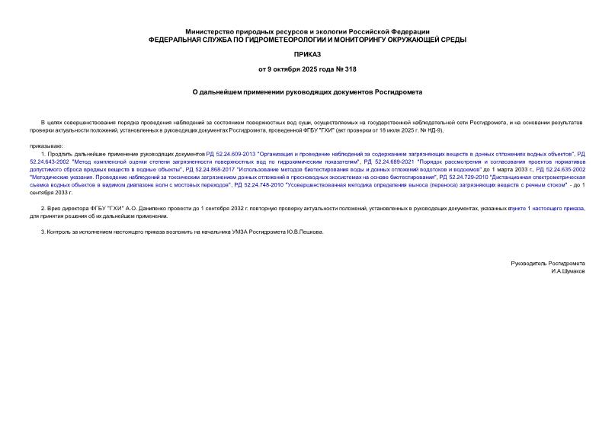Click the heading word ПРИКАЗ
coord(307,55)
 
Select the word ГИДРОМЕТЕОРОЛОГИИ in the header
coord(281,40)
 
